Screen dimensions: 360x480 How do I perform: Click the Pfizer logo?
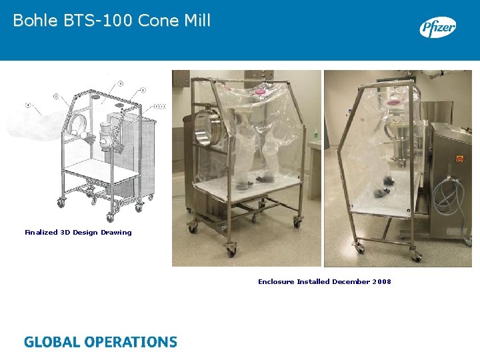point(437,27)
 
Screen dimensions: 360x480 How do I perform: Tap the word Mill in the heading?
point(196,21)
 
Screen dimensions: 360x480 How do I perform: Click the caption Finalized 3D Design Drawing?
point(78,233)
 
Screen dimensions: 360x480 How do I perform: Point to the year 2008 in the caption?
point(382,282)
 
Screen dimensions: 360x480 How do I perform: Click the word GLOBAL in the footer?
point(51,343)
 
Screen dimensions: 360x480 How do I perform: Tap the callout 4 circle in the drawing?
point(28,105)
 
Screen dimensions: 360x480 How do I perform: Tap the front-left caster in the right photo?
point(360,247)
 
